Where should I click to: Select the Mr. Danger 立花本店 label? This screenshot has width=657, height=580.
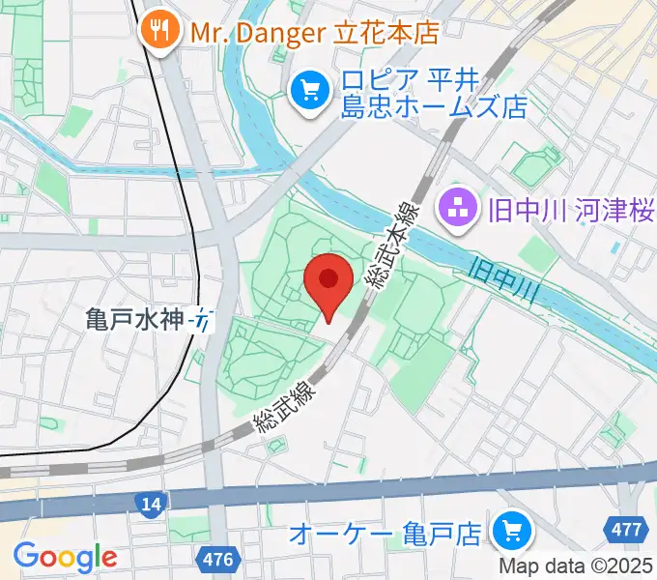pyautogui.click(x=315, y=32)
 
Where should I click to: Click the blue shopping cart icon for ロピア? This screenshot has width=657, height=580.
pyautogui.click(x=308, y=92)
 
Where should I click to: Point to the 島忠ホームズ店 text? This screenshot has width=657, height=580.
pyautogui.click(x=432, y=106)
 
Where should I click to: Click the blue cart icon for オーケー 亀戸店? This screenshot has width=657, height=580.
pyautogui.click(x=506, y=531)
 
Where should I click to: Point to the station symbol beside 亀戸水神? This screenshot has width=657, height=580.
pyautogui.click(x=201, y=319)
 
